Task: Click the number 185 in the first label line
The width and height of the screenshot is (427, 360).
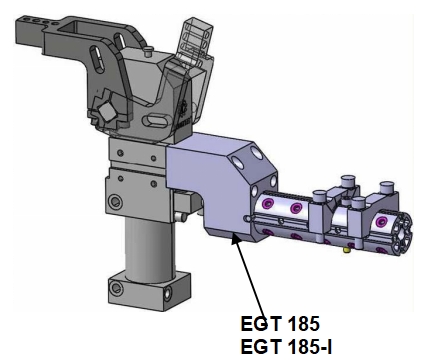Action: (x=303, y=324)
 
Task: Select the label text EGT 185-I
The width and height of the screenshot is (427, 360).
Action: (x=286, y=347)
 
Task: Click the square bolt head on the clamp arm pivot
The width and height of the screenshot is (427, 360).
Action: (x=107, y=112)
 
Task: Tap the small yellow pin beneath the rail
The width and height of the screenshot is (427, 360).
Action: (x=347, y=249)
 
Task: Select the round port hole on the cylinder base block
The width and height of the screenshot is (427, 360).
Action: (x=117, y=287)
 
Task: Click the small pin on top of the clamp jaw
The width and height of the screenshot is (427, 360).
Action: (x=148, y=51)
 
